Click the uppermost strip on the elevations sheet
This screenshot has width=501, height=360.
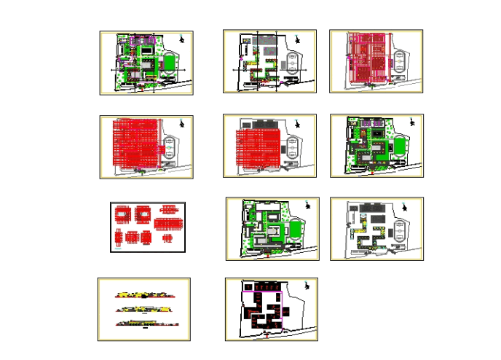tap(145, 296)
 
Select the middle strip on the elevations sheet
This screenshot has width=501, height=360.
tap(145, 309)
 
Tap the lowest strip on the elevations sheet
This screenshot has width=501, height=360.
tap(145, 322)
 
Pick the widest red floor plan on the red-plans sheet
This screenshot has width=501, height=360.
tap(168, 216)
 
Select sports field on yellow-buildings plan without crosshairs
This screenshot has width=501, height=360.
tap(400, 232)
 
